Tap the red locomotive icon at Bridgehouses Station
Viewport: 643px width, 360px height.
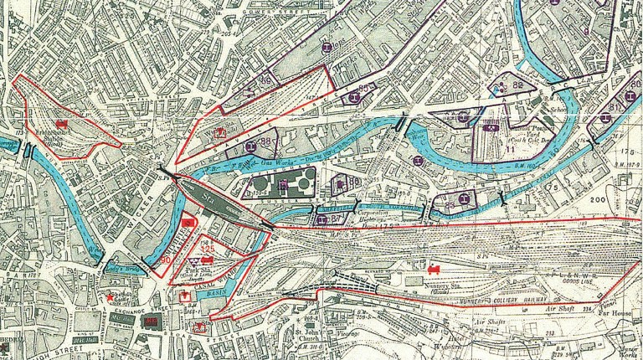(x=60, y=123)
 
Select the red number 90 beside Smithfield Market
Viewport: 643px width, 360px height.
(x=166, y=260)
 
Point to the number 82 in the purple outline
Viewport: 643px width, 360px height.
(x=518, y=85)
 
